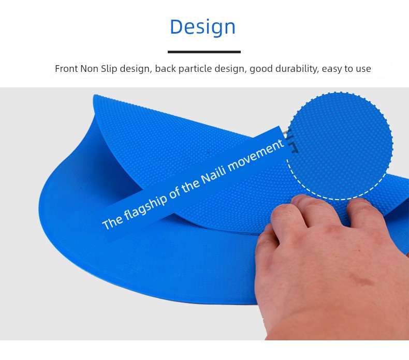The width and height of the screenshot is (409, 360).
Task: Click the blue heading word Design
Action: pyautogui.click(x=202, y=26)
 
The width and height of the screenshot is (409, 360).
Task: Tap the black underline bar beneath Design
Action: pyautogui.click(x=204, y=52)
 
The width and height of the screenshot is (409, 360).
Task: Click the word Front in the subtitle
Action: pyautogui.click(x=66, y=69)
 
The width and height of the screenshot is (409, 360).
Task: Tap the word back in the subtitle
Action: pyautogui.click(x=165, y=69)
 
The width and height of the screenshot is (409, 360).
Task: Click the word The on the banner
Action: pyautogui.click(x=112, y=222)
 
